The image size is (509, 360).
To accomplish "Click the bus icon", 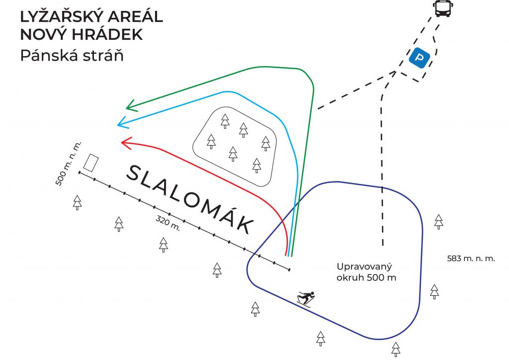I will (x=441, y=8).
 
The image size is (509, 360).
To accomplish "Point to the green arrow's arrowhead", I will (x=130, y=105).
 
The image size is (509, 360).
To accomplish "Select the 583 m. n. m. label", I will (x=470, y=259).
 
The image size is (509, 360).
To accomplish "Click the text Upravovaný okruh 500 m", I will (x=366, y=271).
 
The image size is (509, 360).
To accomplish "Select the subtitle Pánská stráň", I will (x=72, y=55).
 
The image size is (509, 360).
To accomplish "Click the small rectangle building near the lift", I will (x=90, y=163).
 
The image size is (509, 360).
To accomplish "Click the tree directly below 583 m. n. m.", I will (x=434, y=291).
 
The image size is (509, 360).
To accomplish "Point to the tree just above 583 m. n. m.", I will (x=438, y=221).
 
